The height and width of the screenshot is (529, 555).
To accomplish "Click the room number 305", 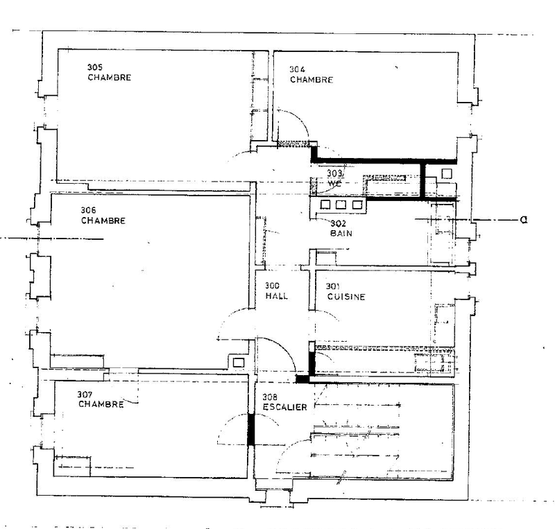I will click(x=96, y=67).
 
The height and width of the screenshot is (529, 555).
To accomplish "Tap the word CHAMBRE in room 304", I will click(x=311, y=80).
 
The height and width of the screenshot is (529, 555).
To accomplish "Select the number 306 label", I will click(x=87, y=211).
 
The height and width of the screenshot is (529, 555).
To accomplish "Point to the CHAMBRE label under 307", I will click(x=101, y=404).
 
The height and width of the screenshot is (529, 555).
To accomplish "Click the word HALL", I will click(x=276, y=296).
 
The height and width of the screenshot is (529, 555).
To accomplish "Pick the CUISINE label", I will click(x=346, y=297).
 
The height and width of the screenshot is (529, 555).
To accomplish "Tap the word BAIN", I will click(x=341, y=234).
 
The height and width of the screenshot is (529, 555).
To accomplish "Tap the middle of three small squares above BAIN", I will click(x=341, y=205).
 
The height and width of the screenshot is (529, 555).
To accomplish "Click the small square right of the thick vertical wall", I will click(x=447, y=173).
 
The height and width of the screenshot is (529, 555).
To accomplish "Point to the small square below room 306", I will click(x=239, y=362).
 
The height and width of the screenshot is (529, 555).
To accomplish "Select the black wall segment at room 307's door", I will click(x=251, y=430).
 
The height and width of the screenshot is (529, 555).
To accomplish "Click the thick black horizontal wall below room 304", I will click(x=368, y=161).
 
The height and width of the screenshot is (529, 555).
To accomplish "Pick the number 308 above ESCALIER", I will click(x=271, y=397).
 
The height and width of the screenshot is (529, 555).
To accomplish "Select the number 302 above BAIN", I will click(x=338, y=223).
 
